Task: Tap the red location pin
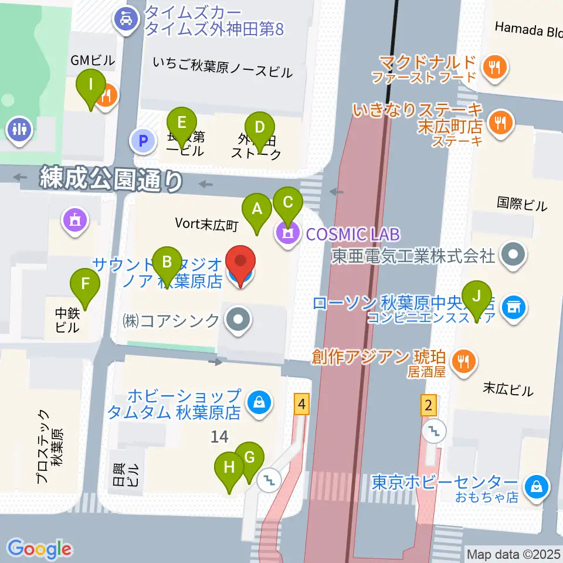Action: click(241, 266)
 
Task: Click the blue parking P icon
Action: click(141, 140)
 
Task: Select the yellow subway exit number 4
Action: click(301, 404)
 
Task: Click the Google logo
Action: click(40, 548)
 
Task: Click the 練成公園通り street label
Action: click(110, 179)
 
